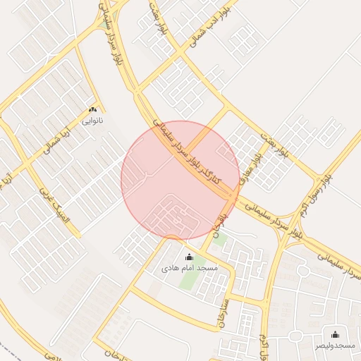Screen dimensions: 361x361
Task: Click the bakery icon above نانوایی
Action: (x=92, y=110)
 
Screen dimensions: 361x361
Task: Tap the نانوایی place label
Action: (x=92, y=121)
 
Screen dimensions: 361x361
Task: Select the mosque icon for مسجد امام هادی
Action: (x=188, y=257)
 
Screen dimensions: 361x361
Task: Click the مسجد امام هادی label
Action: (x=190, y=269)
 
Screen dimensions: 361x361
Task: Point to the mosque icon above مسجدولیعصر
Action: (x=334, y=334)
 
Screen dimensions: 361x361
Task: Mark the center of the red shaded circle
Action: (x=180, y=180)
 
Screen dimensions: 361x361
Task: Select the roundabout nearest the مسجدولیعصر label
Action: (x=303, y=271)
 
